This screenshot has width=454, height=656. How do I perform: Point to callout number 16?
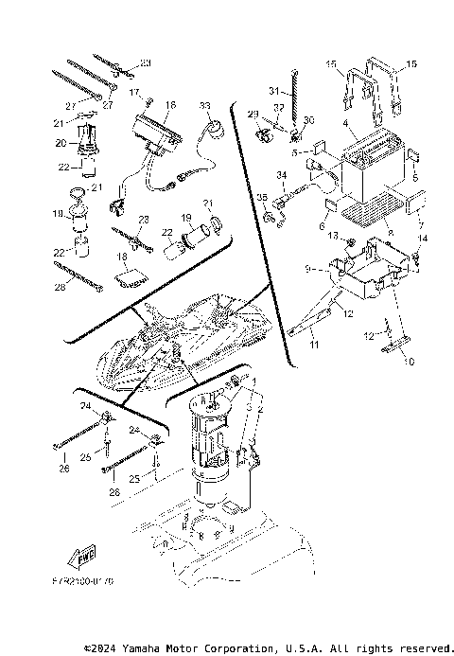[170, 105]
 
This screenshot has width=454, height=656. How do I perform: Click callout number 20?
[59, 143]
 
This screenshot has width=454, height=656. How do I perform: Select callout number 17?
[135, 93]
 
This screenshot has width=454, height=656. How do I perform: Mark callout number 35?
[262, 198]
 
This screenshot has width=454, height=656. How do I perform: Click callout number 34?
[281, 175]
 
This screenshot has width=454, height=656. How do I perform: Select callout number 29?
[253, 114]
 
